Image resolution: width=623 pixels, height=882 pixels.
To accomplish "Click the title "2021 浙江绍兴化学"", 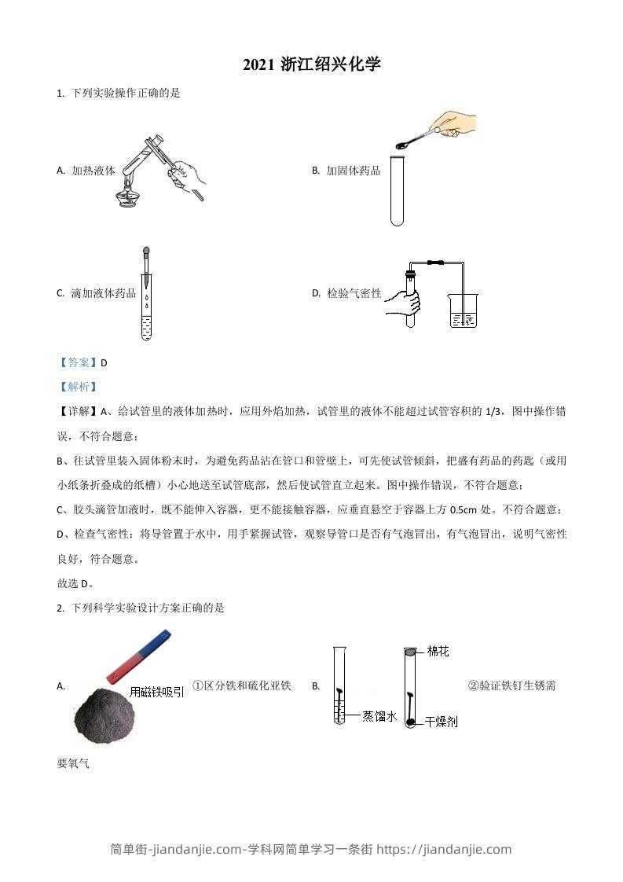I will click(x=311, y=64).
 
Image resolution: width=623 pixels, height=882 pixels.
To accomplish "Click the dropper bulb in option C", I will click(x=146, y=254).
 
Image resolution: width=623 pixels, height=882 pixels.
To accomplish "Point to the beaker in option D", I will click(x=463, y=311).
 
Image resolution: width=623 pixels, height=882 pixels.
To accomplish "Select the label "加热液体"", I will click(x=93, y=170).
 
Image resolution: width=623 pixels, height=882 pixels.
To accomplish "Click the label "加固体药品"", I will click(x=353, y=170).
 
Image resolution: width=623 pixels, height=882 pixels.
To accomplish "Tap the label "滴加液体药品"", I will click(x=103, y=293).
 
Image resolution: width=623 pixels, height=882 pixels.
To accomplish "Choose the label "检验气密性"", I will click(x=354, y=293).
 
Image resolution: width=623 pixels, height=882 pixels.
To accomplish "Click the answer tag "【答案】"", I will click(x=78, y=362).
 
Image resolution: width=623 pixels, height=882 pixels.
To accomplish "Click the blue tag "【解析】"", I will click(x=78, y=386).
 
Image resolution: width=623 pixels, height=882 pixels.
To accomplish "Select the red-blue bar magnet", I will click(x=137, y=656).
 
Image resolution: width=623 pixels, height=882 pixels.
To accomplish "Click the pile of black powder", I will click(x=102, y=714).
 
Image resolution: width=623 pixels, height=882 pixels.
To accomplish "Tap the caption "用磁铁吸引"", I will click(x=157, y=692).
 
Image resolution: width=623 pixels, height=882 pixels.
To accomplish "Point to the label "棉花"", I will click(x=438, y=651).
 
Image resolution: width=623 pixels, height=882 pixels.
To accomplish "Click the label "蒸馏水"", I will click(x=379, y=715).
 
